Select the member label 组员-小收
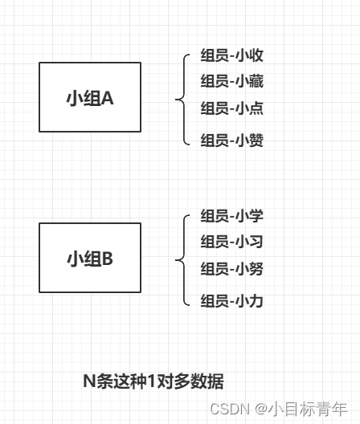point(231,55)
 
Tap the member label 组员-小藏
point(231,81)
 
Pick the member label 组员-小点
point(231,108)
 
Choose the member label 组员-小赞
point(231,140)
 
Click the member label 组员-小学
point(231,216)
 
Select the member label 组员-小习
point(231,242)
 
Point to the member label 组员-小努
point(231,269)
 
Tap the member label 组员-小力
point(231,300)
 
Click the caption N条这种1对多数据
point(153,381)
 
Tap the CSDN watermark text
point(230,409)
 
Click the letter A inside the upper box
point(108,98)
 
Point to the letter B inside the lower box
point(108,259)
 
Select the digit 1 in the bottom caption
point(151,381)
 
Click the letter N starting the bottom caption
point(89,381)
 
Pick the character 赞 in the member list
point(256,140)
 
